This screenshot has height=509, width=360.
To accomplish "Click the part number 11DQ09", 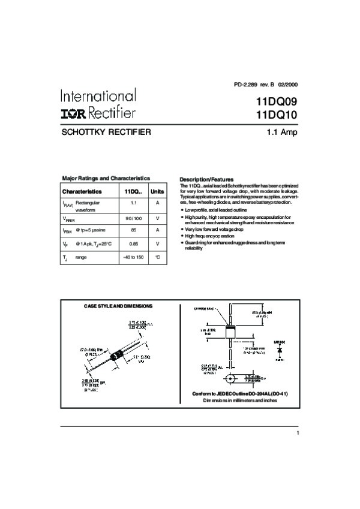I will click(276, 103).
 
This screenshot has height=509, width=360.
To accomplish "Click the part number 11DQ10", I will click(276, 115).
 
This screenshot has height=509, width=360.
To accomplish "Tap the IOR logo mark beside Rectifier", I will click(73, 113).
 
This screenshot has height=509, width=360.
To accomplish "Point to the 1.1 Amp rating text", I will click(282, 132).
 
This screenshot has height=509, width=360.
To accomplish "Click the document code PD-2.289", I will click(245, 85).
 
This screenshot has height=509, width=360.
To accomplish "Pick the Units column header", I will click(157, 191).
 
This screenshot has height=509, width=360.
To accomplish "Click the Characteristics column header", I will click(82, 191).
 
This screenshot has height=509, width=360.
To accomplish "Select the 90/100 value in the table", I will click(133, 218).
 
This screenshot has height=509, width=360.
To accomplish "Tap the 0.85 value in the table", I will click(133, 243).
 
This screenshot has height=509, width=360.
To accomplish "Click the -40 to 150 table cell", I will click(133, 257).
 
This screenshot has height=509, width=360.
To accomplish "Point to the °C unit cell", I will click(157, 257).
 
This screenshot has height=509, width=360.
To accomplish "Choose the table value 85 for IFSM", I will click(133, 230).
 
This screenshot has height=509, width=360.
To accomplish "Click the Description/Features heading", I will click(206, 179).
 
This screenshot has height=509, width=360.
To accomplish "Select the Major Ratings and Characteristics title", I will click(106, 178).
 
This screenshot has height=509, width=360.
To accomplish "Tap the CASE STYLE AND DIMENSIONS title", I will click(118, 306).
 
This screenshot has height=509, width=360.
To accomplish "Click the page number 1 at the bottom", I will click(297, 433).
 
